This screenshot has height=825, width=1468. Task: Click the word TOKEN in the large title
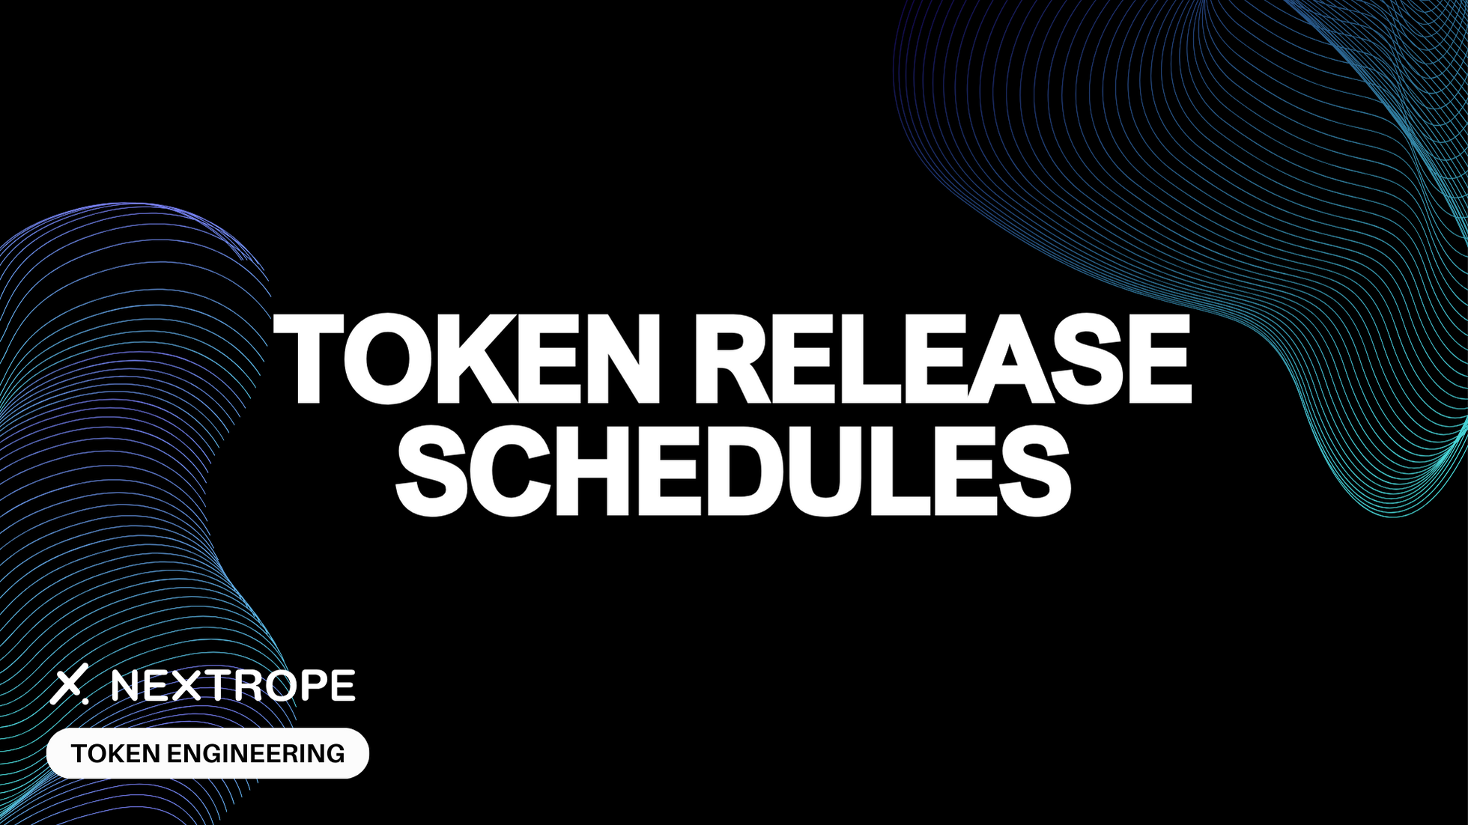point(464,359)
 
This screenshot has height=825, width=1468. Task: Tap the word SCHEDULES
point(733,471)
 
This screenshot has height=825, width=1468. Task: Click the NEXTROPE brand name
point(233,686)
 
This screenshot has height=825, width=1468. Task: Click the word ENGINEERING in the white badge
point(255,753)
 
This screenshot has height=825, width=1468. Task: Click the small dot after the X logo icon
point(85,701)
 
